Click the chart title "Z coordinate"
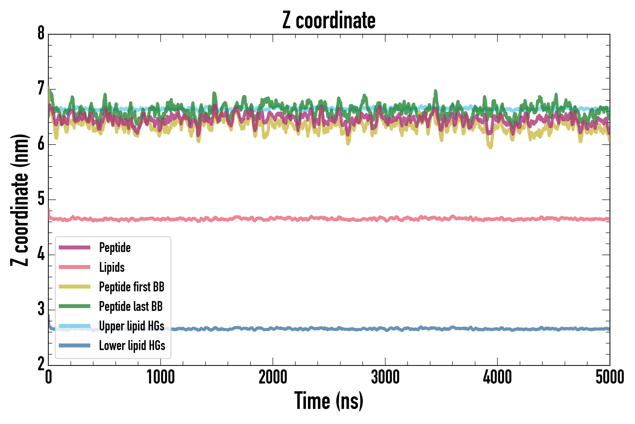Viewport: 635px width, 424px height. tap(329, 20)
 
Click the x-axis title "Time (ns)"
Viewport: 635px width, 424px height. tap(329, 401)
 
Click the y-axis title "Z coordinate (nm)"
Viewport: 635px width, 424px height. tap(20, 200)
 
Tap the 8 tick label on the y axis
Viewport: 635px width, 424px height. tap(41, 33)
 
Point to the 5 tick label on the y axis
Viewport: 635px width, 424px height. tap(41, 199)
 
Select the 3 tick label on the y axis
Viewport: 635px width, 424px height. tap(41, 309)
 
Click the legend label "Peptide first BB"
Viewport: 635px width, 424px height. tap(131, 287)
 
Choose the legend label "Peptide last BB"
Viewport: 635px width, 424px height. tap(131, 306)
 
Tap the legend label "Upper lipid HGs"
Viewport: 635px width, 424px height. tap(131, 326)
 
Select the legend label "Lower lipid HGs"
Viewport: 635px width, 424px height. tap(132, 346)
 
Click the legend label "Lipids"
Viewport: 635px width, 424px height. tap(112, 267)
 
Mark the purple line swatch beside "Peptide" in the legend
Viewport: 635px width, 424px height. tap(75, 247)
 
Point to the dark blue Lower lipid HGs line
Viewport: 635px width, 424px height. tap(378, 329)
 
